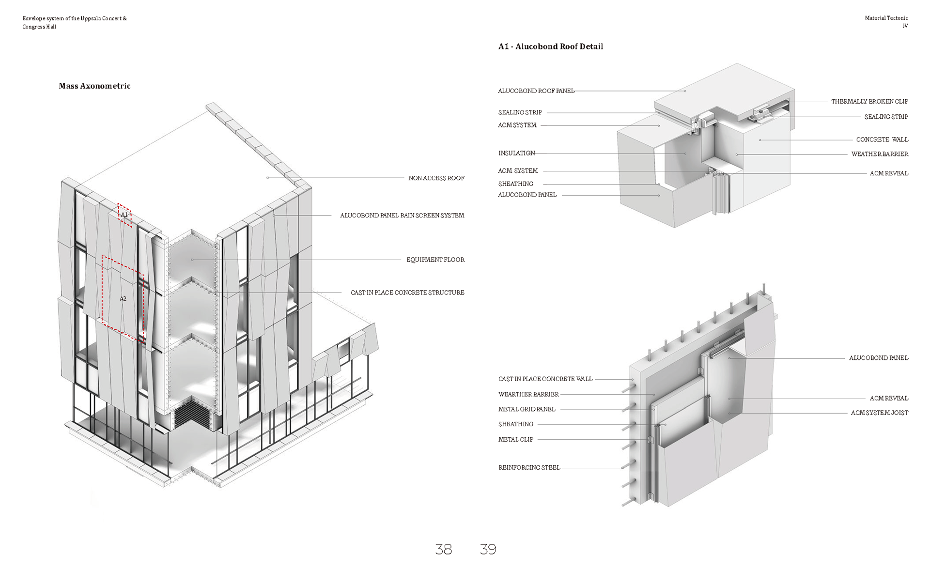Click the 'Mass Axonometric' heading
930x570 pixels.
[x=94, y=86]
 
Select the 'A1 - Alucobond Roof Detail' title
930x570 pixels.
[x=550, y=46]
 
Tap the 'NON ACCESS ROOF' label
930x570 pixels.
[x=436, y=178]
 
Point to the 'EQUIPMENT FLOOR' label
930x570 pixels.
[x=435, y=260]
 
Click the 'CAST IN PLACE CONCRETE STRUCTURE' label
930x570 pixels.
[x=407, y=293]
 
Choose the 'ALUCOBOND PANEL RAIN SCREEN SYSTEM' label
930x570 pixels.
[x=402, y=216]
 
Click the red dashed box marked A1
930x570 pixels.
[x=124, y=215]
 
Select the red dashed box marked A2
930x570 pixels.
[x=123, y=298]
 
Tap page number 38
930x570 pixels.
[x=443, y=549]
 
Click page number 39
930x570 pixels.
[x=488, y=549]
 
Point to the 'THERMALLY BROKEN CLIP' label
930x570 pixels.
[x=869, y=102]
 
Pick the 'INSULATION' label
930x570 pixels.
[x=516, y=153]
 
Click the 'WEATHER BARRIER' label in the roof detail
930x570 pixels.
[x=880, y=154]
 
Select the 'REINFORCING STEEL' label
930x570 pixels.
[x=529, y=467]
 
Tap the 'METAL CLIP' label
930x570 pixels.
[x=515, y=439]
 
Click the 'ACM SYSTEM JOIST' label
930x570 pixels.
[x=879, y=413]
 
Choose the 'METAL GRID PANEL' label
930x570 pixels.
[x=527, y=409]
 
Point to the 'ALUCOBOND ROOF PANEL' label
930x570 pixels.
[x=536, y=91]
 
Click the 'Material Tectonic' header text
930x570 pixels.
[x=886, y=18]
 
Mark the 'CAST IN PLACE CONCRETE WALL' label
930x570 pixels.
[x=545, y=379]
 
